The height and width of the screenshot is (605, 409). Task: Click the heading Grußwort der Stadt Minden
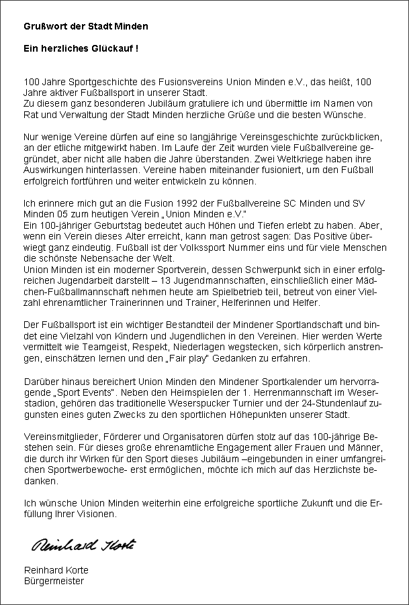86,26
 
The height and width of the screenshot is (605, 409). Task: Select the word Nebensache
90,256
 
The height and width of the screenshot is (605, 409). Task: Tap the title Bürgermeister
54,581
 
